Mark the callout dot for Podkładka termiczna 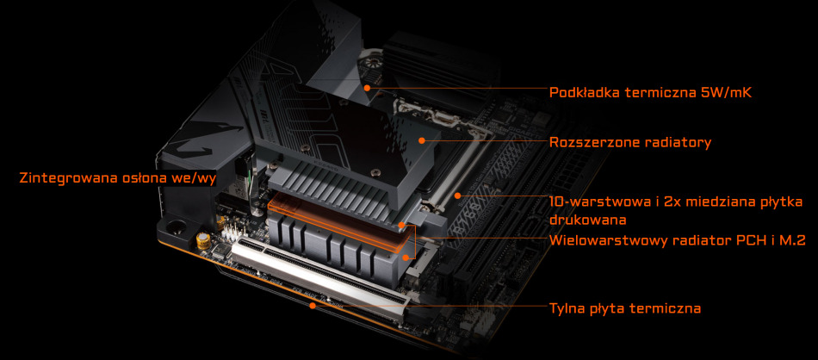point(368,88)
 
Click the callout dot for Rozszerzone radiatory point(422,140)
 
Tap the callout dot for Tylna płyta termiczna point(313,305)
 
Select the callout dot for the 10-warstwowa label point(457,196)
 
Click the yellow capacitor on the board point(202,239)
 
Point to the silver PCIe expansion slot point(319,276)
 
